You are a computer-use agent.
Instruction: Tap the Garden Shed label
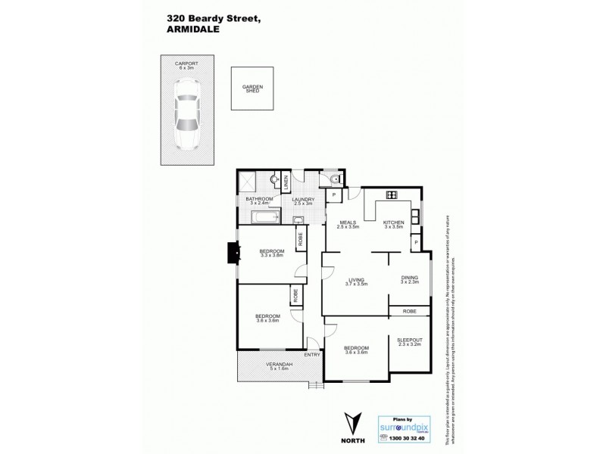(251, 89)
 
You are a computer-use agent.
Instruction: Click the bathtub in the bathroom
(264, 220)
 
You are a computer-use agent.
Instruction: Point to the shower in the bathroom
(247, 182)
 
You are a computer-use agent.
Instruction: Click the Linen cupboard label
(286, 182)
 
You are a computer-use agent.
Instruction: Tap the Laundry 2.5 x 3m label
(308, 201)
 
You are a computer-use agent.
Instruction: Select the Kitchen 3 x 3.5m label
(394, 224)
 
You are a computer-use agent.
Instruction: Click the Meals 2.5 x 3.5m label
(348, 224)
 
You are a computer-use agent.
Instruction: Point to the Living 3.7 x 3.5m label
(356, 281)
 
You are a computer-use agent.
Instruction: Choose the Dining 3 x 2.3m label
(409, 279)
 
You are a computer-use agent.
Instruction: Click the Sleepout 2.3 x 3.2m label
(410, 342)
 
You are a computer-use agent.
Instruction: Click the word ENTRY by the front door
(312, 355)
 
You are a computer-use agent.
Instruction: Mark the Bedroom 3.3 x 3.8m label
(271, 253)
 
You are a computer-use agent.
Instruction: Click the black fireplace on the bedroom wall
(231, 252)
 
